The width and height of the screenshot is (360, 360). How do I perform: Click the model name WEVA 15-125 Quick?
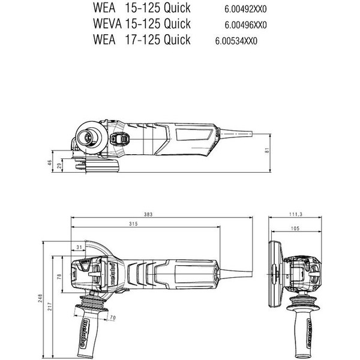142,25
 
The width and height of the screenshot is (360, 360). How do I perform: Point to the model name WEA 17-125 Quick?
142,40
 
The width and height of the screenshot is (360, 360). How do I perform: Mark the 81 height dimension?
267,151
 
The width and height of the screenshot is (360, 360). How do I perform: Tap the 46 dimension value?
50,163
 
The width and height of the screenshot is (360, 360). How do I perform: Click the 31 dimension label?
79,247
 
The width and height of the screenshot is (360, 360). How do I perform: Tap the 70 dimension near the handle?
113,317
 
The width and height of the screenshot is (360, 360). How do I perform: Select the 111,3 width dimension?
294,214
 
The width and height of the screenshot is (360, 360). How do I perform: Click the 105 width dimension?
294,229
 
